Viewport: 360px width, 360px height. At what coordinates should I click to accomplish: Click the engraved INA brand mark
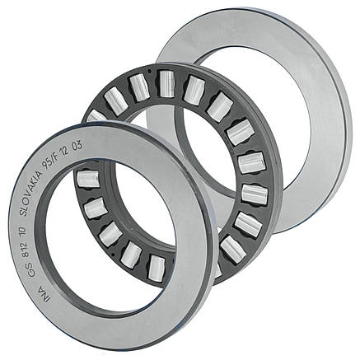[44, 294]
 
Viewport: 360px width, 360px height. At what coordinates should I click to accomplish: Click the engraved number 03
[77, 145]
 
